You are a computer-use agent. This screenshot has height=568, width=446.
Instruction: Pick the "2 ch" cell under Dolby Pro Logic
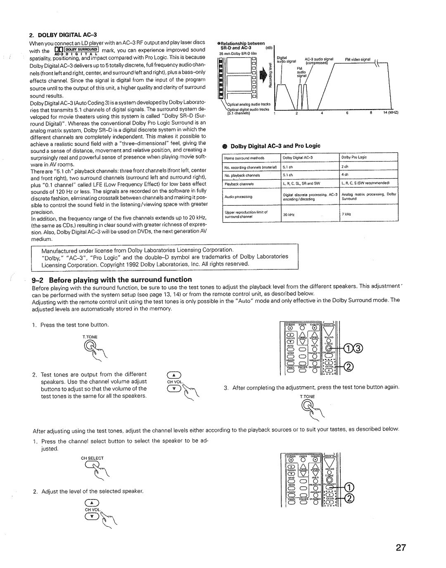point(345,167)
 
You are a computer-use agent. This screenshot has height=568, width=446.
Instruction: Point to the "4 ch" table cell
point(345,175)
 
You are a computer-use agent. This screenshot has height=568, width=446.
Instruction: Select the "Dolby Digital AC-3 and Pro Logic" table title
point(275,146)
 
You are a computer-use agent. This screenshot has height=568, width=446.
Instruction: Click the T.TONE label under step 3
point(307,397)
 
